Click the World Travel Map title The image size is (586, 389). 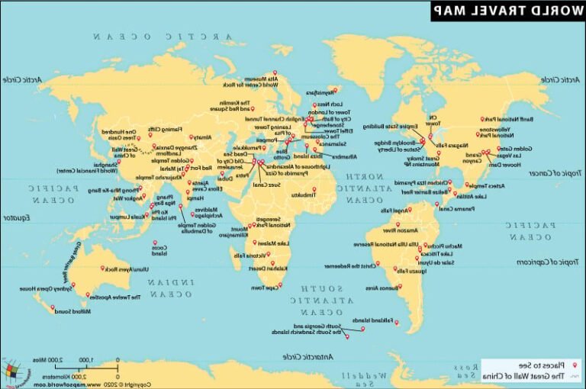click(508, 10)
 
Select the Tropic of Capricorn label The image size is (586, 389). click(548, 262)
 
